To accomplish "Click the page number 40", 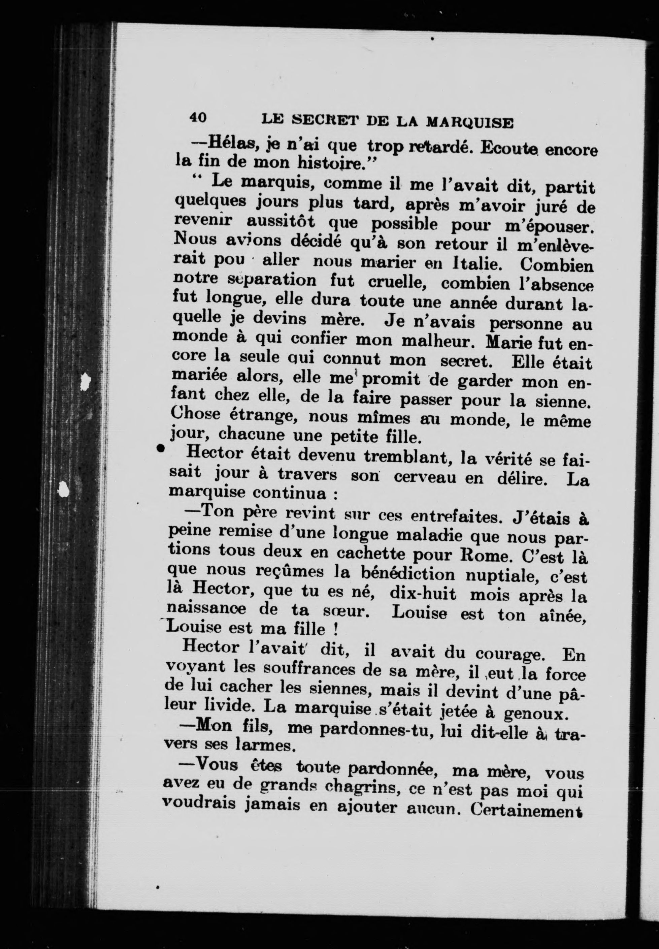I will pos(198,117).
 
